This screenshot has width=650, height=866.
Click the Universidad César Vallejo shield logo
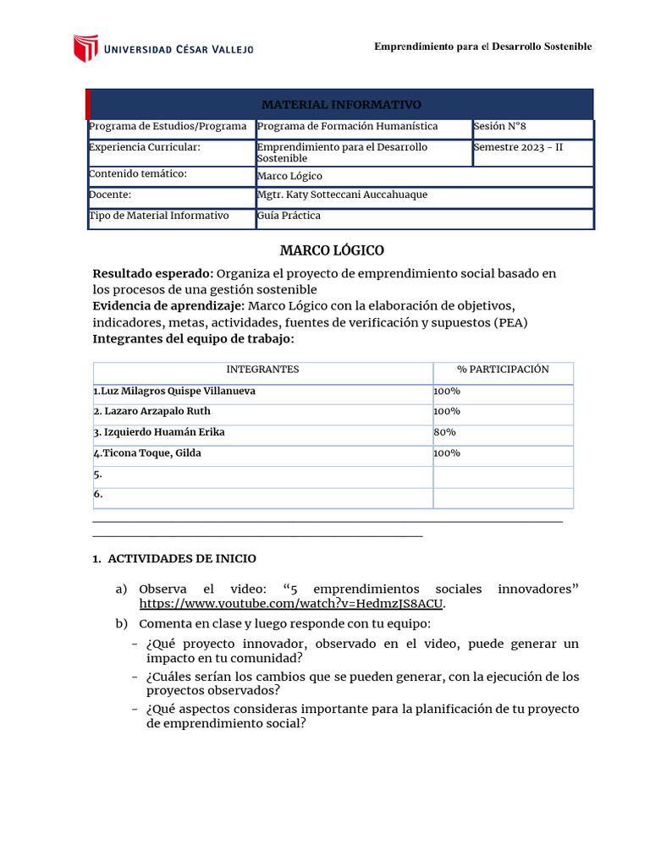coord(85,48)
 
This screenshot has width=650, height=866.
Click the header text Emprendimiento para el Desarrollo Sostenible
coord(482,47)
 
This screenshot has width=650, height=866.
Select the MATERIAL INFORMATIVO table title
coord(340,104)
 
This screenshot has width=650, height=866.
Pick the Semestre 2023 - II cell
coord(517,147)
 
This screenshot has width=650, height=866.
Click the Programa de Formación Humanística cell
coord(347,126)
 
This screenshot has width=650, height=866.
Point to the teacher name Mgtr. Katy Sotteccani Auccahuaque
coord(342,195)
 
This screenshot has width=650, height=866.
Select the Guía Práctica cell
coord(289,216)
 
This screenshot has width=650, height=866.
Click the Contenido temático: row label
coord(137,174)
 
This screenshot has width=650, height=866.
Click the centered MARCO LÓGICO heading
coord(332,250)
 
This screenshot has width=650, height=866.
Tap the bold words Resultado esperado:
coord(152,273)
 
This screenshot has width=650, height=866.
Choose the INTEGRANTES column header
coord(262,370)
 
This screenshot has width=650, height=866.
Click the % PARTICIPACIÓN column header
coord(503,370)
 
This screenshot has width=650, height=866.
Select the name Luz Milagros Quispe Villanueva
coord(174,391)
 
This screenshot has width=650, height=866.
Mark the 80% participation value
coord(444,432)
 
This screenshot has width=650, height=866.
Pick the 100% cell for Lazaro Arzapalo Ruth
coord(447,412)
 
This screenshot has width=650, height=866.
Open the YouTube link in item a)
coord(291,604)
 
